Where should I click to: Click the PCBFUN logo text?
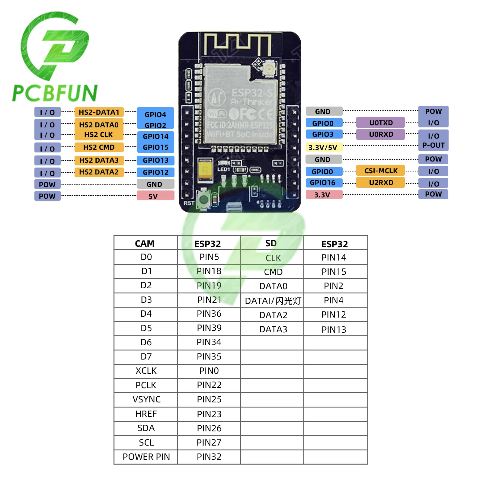55,93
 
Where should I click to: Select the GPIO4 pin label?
155,114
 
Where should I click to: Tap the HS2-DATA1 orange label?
99,112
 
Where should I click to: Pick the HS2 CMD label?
99,147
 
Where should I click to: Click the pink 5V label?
155,196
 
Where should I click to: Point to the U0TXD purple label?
380,123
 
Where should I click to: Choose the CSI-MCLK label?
380,171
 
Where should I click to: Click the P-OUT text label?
433,145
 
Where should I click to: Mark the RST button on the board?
204,199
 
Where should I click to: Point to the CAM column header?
145,243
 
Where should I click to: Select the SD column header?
271,243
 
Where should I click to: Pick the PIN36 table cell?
209,314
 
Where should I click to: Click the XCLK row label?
146,371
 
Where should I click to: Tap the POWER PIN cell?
146,457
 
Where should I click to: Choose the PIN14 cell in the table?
334,257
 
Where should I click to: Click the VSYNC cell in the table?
146,399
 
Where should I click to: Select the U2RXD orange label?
380,183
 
